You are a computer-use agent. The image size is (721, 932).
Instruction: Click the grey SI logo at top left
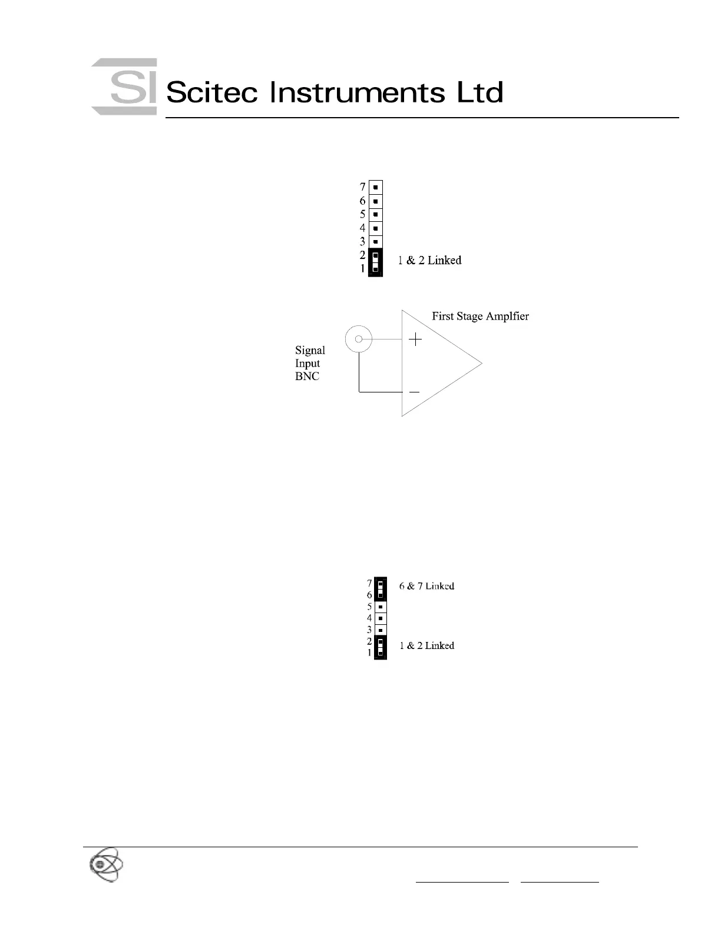coord(124,86)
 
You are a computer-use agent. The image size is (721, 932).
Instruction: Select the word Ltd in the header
coord(480,93)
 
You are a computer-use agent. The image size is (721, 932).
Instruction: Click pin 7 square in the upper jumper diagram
coord(375,188)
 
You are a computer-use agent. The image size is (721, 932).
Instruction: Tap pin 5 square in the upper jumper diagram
coord(375,215)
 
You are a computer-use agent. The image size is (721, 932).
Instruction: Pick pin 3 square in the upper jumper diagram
coord(375,242)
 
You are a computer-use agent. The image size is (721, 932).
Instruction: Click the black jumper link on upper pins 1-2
coord(375,262)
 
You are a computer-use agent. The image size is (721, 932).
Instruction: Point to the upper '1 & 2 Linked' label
coord(429,260)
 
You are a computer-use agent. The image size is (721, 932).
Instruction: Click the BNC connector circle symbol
coord(358,338)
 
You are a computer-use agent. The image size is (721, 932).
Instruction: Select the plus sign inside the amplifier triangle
coord(416,339)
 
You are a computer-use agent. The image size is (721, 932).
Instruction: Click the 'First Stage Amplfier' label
coord(480,316)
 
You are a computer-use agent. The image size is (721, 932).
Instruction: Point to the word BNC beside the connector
coord(307,377)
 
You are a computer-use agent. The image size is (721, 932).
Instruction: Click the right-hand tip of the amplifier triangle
coord(481,363)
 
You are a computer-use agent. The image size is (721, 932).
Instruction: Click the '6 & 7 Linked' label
coord(426,586)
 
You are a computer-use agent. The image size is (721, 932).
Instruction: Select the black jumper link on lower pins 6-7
coord(381,588)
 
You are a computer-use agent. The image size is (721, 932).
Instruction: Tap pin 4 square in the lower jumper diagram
coord(381,618)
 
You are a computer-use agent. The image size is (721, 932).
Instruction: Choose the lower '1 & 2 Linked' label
coord(426,645)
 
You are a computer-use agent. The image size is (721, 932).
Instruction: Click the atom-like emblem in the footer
coord(106,864)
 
